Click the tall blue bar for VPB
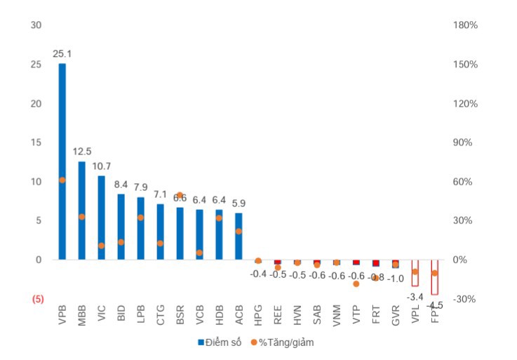point(62,161)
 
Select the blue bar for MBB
point(82,211)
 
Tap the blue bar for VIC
point(102,218)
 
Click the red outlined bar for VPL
point(415,273)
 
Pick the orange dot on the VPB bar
point(62,180)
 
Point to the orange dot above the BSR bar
point(180,195)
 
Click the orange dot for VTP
point(356,284)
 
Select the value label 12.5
point(82,151)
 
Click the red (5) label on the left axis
point(38,299)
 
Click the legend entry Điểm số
point(222,342)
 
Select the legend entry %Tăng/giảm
point(287,342)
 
